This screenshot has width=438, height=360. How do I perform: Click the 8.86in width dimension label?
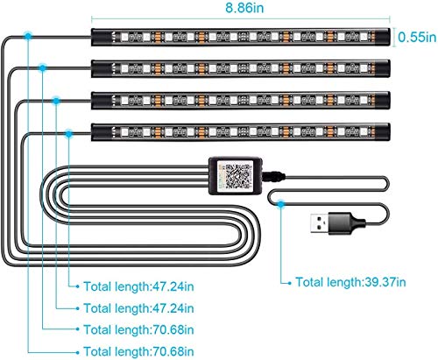point(244,8)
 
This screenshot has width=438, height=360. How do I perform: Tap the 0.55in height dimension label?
point(417,37)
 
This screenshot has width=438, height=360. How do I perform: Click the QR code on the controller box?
point(238,176)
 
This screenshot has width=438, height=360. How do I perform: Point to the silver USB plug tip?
point(319,223)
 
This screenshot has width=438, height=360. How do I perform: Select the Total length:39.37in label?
point(350,282)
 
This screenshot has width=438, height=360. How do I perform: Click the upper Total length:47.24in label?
point(138,286)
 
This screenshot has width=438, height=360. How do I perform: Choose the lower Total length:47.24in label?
point(138,308)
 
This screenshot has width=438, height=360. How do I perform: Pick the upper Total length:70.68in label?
point(138,329)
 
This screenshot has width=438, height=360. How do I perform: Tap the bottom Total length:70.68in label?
point(138,351)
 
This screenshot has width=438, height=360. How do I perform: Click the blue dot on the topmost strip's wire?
point(28,36)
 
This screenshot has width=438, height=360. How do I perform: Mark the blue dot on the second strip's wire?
point(43,68)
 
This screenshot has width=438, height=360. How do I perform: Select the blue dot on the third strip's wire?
point(56,101)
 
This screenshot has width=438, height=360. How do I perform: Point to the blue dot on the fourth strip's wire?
point(68,134)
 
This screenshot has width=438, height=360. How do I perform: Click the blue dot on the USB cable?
point(280,204)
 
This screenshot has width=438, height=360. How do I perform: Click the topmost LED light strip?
point(241,37)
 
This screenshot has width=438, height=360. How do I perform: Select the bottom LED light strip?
point(241,132)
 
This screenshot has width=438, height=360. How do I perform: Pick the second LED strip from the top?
point(241,68)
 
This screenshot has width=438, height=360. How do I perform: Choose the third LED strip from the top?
point(241,101)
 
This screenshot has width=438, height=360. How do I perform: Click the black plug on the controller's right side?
point(273,177)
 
